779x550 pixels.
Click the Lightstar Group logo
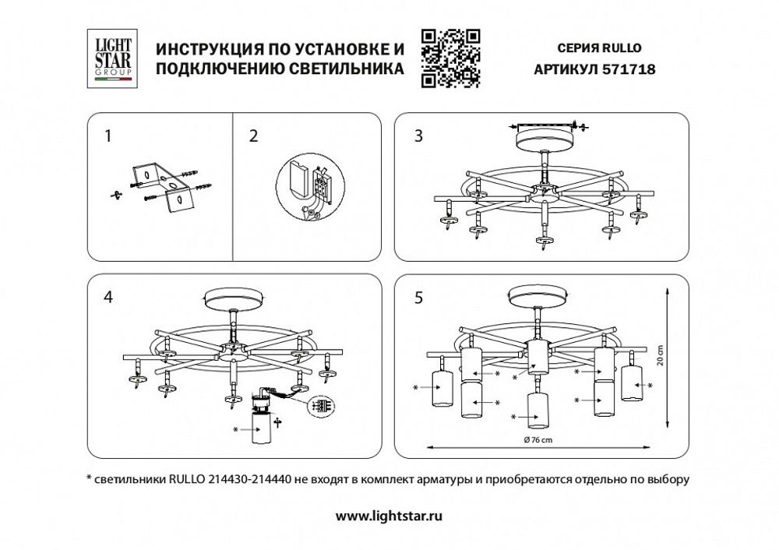tap(109, 57)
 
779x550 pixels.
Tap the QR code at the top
tap(449, 57)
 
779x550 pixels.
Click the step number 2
tap(252, 136)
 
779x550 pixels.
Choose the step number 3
tap(418, 136)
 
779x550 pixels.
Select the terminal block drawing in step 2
tap(307, 187)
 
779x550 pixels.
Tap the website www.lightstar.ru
tap(389, 516)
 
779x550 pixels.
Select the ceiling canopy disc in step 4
tap(233, 300)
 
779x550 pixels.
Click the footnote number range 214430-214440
tap(250, 480)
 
